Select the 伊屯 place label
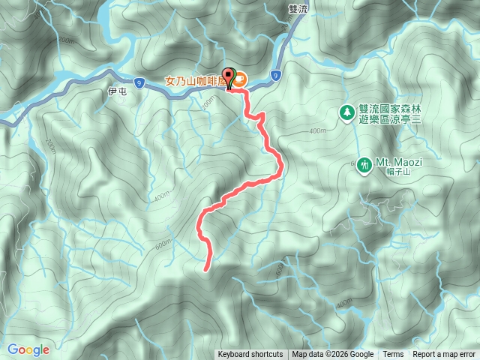[115, 91]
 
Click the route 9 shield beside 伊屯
[139, 84]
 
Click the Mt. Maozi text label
[397, 160]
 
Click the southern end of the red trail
[207, 266]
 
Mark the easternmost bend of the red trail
[281, 169]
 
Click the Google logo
[28, 349]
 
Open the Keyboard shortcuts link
[250, 355]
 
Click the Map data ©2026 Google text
[333, 355]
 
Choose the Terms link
[393, 355]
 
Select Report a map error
[444, 355]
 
